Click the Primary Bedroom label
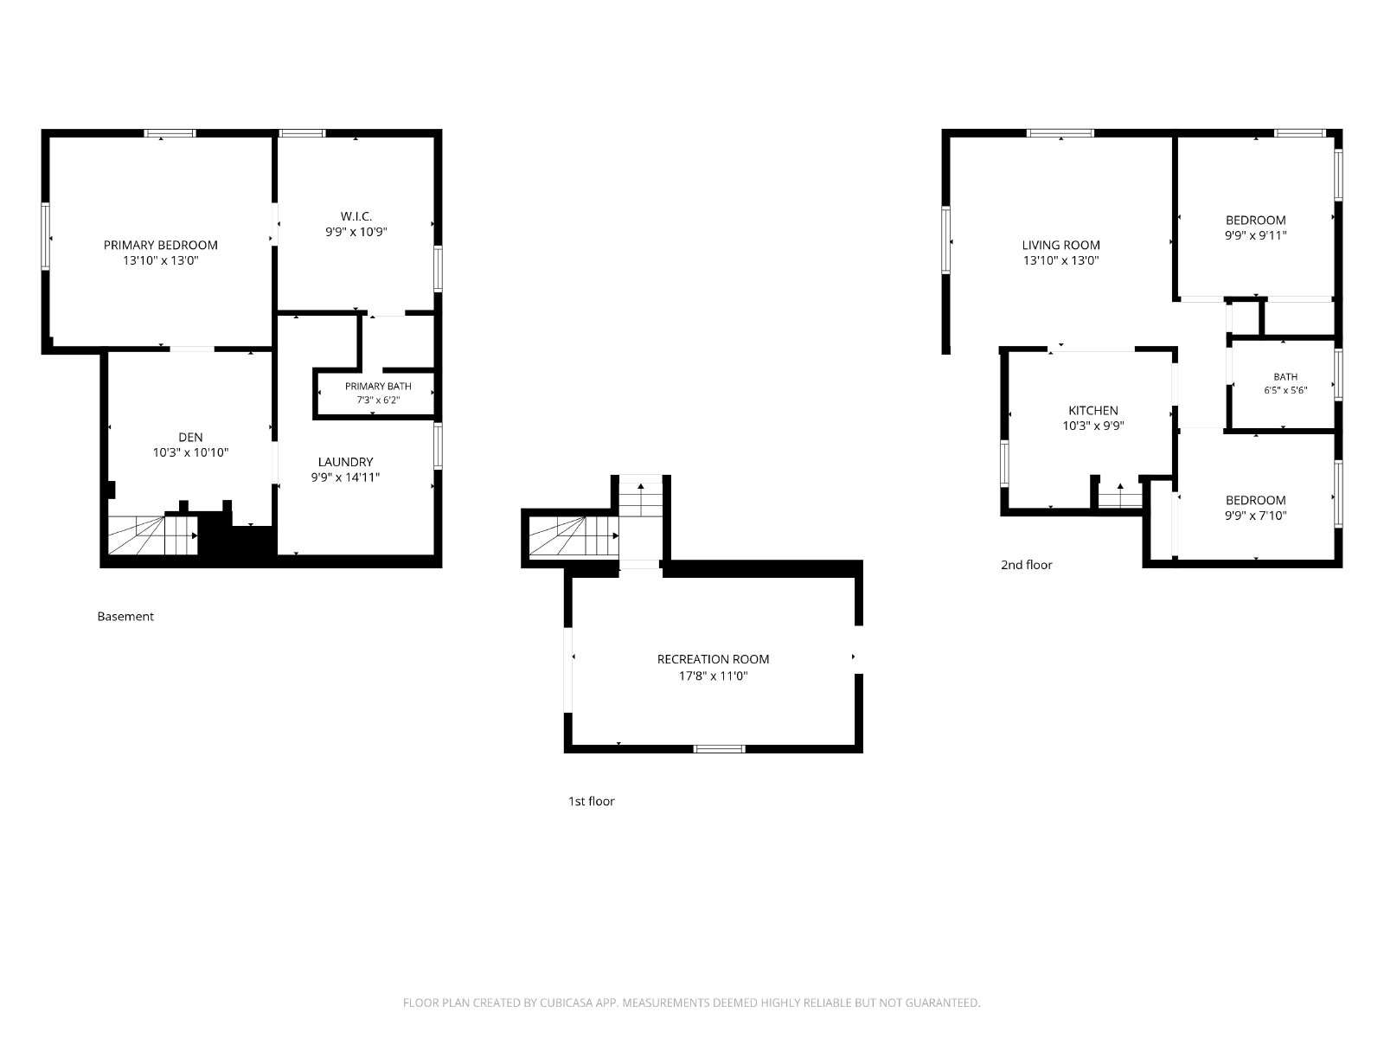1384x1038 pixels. click(160, 245)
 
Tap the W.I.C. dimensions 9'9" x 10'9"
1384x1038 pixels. click(356, 232)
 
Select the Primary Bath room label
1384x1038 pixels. click(378, 387)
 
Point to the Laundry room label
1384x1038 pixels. click(345, 462)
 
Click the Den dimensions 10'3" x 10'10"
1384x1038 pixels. click(190, 452)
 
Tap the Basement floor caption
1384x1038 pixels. click(125, 617)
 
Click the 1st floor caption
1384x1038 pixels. click(591, 801)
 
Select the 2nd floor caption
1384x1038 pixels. click(1026, 565)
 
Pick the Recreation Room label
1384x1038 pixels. click(713, 659)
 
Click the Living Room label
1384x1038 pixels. click(1060, 245)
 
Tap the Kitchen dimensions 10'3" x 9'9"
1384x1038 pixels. click(1092, 426)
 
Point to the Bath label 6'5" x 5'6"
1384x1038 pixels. click(1285, 384)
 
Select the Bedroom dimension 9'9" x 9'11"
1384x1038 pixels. click(1255, 235)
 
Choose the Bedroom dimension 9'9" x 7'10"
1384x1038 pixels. click(1255, 516)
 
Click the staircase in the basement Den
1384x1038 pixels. click(152, 535)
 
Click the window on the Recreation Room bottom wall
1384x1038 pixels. click(719, 749)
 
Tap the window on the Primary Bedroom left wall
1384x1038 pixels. click(45, 236)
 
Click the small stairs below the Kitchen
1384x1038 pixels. click(1120, 495)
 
